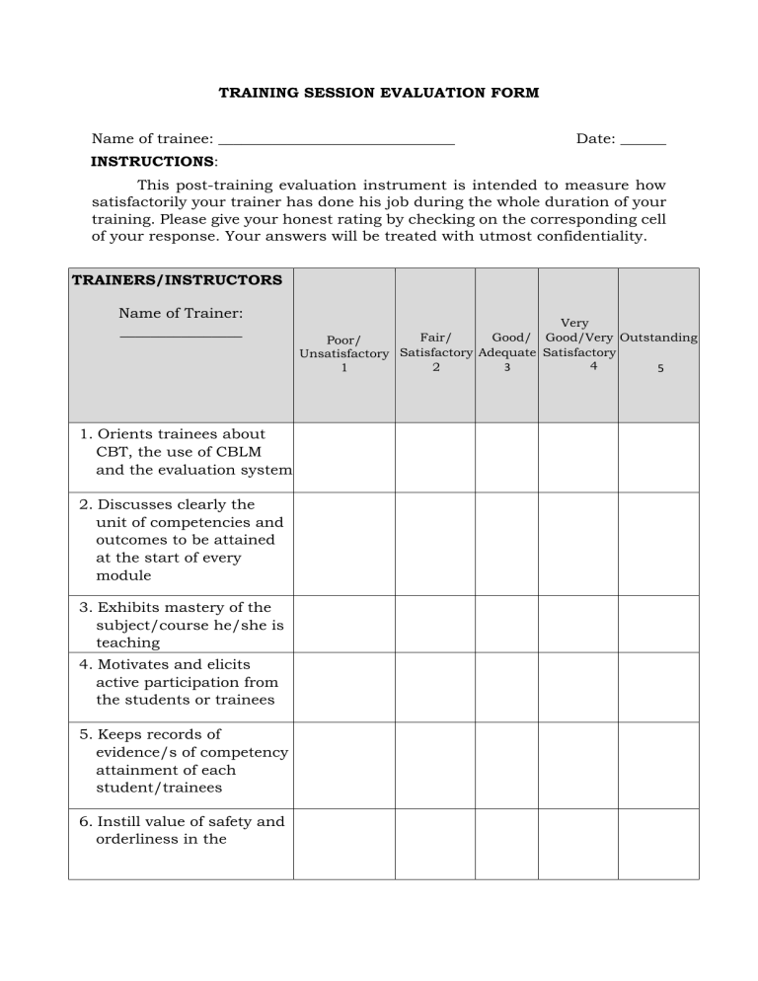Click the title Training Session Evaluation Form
tap(379, 93)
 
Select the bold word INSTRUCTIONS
tap(152, 161)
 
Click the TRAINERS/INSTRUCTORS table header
tap(177, 280)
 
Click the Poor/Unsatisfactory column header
tap(343, 353)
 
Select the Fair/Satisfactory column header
tap(435, 352)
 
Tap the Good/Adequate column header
tap(506, 352)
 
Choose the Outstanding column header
tap(658, 338)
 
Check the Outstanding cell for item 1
tap(658, 457)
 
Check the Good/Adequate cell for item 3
tap(506, 624)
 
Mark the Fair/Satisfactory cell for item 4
tap(435, 687)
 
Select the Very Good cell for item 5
tap(578, 765)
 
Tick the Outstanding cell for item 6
tap(658, 844)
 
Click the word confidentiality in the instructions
tap(589, 237)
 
